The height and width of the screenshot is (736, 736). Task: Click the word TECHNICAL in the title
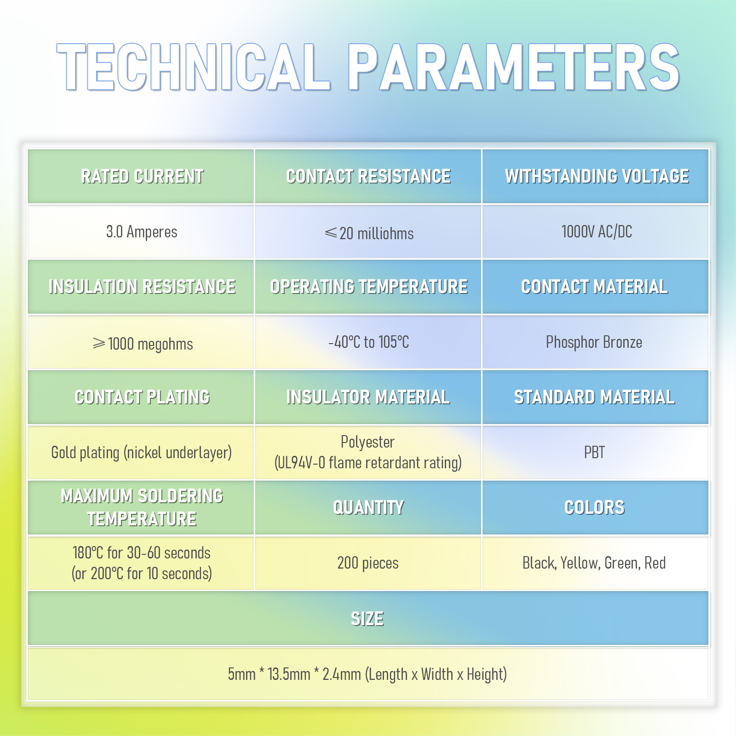pos(193,67)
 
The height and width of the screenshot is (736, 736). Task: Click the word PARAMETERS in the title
pos(513,67)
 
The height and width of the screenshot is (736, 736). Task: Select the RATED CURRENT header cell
pos(141,176)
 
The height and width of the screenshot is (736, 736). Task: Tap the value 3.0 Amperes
pos(142,232)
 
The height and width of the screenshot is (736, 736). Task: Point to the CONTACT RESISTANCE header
pos(368,176)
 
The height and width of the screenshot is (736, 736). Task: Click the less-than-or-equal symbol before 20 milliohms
pos(331,233)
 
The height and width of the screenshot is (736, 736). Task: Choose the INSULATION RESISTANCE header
pos(142,287)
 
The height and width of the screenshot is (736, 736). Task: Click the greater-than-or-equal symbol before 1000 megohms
pos(99,343)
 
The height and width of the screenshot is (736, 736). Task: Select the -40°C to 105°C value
pos(368,342)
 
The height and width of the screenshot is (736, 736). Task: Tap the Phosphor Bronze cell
pos(594,342)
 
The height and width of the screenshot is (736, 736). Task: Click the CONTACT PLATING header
pos(142,397)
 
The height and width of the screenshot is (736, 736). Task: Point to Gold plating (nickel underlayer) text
pos(142,453)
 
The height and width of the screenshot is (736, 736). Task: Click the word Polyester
pos(368,442)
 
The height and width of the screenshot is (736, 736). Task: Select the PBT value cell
pos(594,453)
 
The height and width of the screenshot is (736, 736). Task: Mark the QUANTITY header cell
pos(368,508)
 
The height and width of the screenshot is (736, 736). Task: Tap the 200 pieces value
pos(368,563)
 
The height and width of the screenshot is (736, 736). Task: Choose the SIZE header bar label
pos(367,619)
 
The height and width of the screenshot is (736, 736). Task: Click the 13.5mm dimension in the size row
pos(289,674)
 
